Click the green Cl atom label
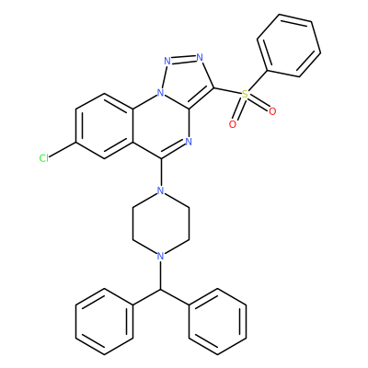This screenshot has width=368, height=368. click(44, 158)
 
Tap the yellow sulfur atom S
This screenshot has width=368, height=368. click(245, 94)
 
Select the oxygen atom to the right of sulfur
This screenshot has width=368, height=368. click(272, 111)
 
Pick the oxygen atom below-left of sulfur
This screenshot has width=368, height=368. click(233, 124)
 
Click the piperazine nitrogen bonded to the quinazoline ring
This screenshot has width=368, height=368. click(160, 190)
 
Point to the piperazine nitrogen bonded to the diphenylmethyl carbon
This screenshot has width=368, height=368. click(160, 256)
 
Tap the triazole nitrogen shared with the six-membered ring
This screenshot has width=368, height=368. click(160, 93)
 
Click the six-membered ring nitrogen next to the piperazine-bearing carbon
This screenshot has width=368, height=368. click(189, 142)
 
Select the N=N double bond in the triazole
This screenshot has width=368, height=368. click(184, 59)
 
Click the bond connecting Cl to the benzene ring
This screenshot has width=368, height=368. click(63, 150)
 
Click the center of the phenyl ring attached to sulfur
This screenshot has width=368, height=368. click(289, 45)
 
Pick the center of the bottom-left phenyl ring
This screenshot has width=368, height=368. click(104, 321)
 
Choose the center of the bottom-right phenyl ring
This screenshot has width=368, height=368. click(217, 321)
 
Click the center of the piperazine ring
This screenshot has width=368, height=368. click(160, 224)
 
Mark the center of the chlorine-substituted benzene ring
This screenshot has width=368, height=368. click(104, 126)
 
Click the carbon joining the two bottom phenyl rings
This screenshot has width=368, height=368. click(160, 289)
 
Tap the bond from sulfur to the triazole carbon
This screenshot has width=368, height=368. click(228, 91)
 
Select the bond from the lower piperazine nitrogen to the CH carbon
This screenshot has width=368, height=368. click(160, 275)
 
